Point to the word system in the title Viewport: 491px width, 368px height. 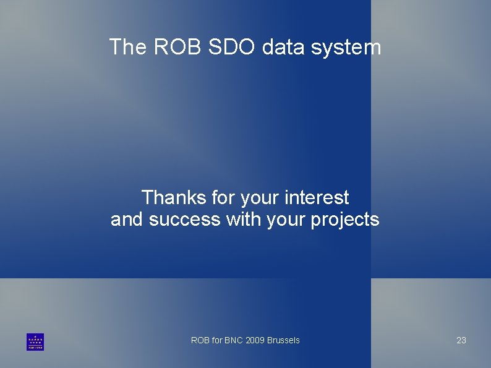click(346, 48)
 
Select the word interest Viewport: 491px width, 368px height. click(317, 198)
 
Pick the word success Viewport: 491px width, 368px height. click(184, 220)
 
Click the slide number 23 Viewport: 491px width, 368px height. click(461, 340)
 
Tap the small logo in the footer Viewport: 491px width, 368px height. click(35, 342)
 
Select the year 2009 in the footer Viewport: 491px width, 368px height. click(255, 340)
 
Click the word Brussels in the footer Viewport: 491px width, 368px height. click(283, 340)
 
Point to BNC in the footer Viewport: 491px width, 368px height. click(234, 340)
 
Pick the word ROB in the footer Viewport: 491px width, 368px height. click(200, 340)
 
